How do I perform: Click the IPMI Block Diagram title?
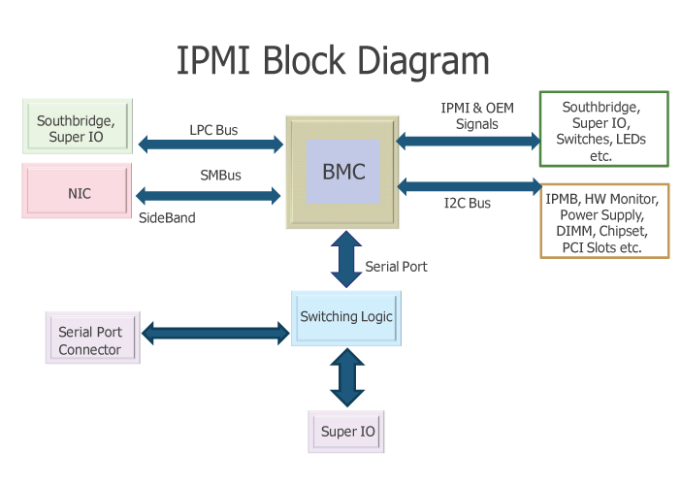coord(333,60)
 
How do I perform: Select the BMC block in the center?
coord(343,173)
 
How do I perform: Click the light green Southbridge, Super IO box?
coord(76,128)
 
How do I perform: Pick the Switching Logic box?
coord(346,317)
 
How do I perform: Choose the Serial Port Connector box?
coord(91,340)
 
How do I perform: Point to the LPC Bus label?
coord(212,129)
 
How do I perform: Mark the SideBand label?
coord(167,218)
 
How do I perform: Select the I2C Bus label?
coord(467,203)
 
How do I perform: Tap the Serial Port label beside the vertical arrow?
coord(396,266)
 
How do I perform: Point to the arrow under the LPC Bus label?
coord(211,145)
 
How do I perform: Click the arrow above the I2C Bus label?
coord(469,184)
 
